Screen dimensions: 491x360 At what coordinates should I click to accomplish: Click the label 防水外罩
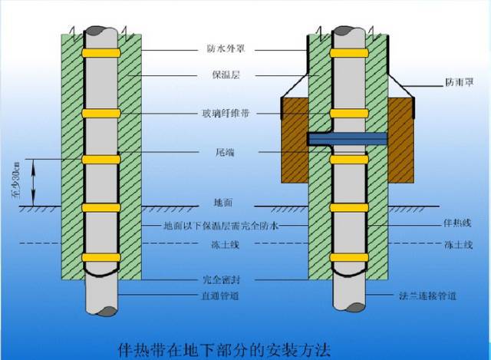(x=226, y=49)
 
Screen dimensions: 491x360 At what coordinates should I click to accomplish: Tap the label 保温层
(x=226, y=75)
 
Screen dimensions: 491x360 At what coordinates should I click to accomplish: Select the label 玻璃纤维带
(x=226, y=113)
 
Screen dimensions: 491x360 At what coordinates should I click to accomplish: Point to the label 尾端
(x=225, y=152)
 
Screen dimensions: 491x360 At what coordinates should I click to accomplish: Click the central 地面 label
(x=223, y=203)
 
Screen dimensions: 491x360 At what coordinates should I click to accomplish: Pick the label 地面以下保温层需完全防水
(x=221, y=226)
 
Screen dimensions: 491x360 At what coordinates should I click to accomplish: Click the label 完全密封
(x=222, y=279)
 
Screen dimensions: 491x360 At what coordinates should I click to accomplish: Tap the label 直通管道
(x=220, y=296)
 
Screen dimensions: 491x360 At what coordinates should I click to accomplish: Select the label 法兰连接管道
(x=428, y=296)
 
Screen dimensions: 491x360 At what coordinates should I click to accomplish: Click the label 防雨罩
(x=460, y=82)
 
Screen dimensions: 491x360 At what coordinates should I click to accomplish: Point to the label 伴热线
(x=457, y=223)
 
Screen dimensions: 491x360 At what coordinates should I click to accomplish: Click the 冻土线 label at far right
(x=459, y=244)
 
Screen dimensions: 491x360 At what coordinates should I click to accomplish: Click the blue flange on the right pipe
(x=348, y=139)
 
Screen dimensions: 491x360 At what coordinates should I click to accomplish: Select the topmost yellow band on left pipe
(x=101, y=53)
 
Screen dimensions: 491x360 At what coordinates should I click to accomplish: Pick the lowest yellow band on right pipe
(x=349, y=258)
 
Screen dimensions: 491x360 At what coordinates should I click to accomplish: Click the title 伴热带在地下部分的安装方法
(x=224, y=350)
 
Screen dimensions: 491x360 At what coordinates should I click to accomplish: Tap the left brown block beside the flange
(x=295, y=140)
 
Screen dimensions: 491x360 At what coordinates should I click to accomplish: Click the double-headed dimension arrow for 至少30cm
(x=34, y=183)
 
